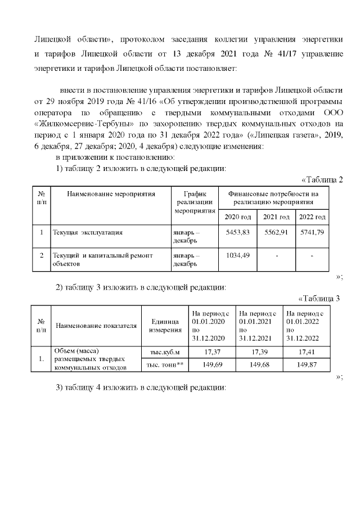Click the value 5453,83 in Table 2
point(237,232)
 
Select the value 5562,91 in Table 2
point(276,232)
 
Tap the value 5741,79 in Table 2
point(313,232)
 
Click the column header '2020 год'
point(237,217)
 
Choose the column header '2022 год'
point(313,217)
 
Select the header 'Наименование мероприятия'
point(111,194)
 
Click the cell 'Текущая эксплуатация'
point(88,232)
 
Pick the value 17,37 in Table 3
point(211,352)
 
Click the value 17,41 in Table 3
point(306,352)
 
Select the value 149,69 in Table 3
point(211,365)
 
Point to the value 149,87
point(306,365)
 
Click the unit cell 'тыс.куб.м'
point(165,353)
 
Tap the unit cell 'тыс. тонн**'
point(165,365)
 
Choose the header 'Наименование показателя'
point(96,326)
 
